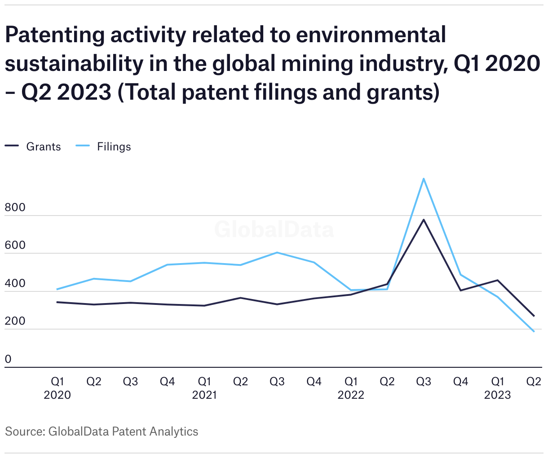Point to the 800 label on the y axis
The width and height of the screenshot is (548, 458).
tap(15, 208)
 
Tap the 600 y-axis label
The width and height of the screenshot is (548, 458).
tap(15, 246)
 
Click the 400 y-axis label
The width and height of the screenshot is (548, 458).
tap(15, 284)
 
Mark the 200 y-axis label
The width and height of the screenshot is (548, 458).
tap(15, 321)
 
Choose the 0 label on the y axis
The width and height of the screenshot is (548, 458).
tap(9, 359)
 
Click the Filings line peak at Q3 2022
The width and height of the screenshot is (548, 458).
tap(424, 179)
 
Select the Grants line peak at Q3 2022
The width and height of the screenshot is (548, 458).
tap(424, 220)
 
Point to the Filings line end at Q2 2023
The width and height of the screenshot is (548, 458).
tap(534, 331)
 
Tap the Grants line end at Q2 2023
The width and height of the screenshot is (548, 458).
tap(534, 316)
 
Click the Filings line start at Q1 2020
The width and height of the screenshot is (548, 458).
tap(57, 289)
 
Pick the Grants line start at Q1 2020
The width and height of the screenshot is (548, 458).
tap(57, 302)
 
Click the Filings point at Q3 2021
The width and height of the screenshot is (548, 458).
tap(277, 252)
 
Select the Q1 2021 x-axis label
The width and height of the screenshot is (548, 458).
tap(204, 388)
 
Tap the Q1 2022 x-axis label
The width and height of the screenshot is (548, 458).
tap(351, 388)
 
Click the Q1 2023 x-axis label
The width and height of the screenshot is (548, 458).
tap(497, 388)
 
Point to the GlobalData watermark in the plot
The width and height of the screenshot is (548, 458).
tap(274, 229)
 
